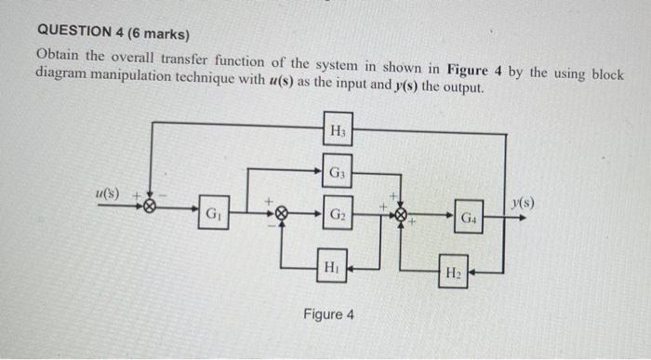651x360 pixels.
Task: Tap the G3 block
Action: click(338, 172)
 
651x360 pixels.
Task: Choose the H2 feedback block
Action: click(453, 273)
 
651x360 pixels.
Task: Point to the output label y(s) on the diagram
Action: click(524, 202)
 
